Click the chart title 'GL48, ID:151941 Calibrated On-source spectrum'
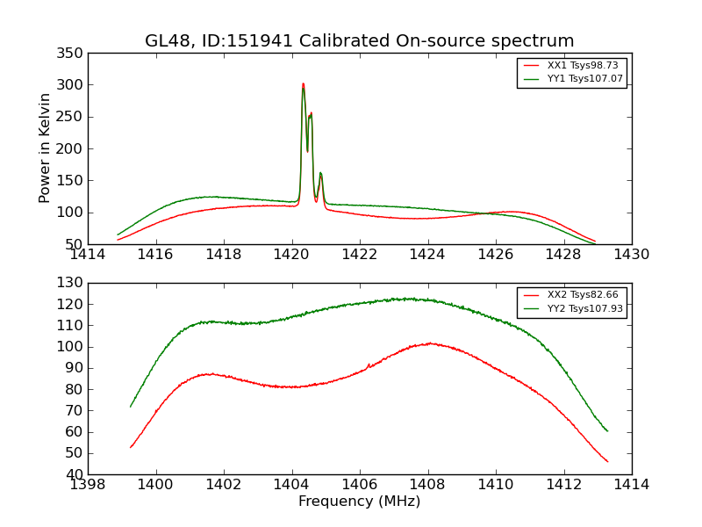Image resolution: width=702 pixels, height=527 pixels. pos(360,41)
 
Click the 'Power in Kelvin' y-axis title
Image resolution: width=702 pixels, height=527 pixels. pos(45,148)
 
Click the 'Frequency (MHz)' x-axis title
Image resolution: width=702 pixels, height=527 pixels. pos(360,502)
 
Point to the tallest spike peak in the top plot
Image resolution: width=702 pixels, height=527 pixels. pos(303,84)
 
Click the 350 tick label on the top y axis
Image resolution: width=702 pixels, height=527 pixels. pos(72,54)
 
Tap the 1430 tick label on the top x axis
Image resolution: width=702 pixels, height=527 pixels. pos(632,255)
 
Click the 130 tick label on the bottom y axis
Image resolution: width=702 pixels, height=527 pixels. pos(72,283)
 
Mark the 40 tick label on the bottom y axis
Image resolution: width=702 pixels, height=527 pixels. pos(75,474)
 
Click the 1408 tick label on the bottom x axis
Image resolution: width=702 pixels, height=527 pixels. pos(427,485)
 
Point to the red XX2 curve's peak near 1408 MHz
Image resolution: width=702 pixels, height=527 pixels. pos(429,343)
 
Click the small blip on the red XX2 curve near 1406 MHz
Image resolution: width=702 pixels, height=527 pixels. pos(369,365)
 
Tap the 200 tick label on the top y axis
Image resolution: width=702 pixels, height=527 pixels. pos(72,148)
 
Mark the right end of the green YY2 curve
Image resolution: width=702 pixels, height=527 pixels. pos(607,430)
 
